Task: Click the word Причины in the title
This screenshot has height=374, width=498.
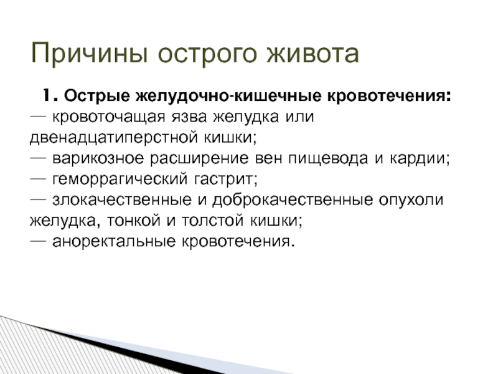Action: [x=89, y=54]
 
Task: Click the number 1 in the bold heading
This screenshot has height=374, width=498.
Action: [x=47, y=95]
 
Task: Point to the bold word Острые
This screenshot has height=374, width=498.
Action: [x=97, y=96]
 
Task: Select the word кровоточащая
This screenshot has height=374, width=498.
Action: [x=108, y=117]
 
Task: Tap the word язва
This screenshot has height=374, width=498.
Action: [x=190, y=117]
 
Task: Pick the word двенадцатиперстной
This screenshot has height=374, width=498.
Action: [x=113, y=138]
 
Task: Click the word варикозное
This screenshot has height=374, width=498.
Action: [x=98, y=158]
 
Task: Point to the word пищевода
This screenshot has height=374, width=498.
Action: [x=328, y=159]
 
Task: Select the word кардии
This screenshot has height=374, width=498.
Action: [x=418, y=159]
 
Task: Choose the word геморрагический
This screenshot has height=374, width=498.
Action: [x=120, y=180]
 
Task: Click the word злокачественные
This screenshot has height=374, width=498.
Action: [x=122, y=200]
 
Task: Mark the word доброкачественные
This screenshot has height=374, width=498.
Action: [x=293, y=200]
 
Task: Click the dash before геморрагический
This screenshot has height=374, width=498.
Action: [x=38, y=179]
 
